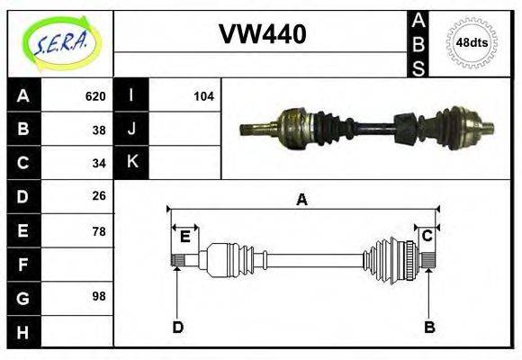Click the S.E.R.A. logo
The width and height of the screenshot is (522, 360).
pos(59,41)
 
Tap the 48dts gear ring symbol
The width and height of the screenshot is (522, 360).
pos(472,42)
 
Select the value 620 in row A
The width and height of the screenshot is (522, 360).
pos(95,96)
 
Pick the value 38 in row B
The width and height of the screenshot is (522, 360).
pos(99,129)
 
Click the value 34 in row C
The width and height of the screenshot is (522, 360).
pos(99,163)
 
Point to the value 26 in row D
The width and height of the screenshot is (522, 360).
pos(99,195)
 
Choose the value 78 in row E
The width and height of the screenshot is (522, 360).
pos(99,230)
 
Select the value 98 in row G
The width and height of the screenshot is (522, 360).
pos(99,295)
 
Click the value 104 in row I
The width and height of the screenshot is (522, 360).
pos(203,96)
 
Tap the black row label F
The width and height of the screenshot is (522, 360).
pos(23,264)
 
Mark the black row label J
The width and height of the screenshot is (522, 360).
pos(131,129)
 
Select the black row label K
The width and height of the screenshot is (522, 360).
pos(131,163)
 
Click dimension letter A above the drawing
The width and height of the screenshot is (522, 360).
pos(301,200)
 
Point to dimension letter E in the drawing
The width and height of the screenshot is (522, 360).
pos(184,237)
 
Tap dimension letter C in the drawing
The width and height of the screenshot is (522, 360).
pos(427,236)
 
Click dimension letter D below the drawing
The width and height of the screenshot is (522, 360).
pos(177,327)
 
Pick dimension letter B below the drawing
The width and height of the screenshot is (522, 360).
pos(429,327)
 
